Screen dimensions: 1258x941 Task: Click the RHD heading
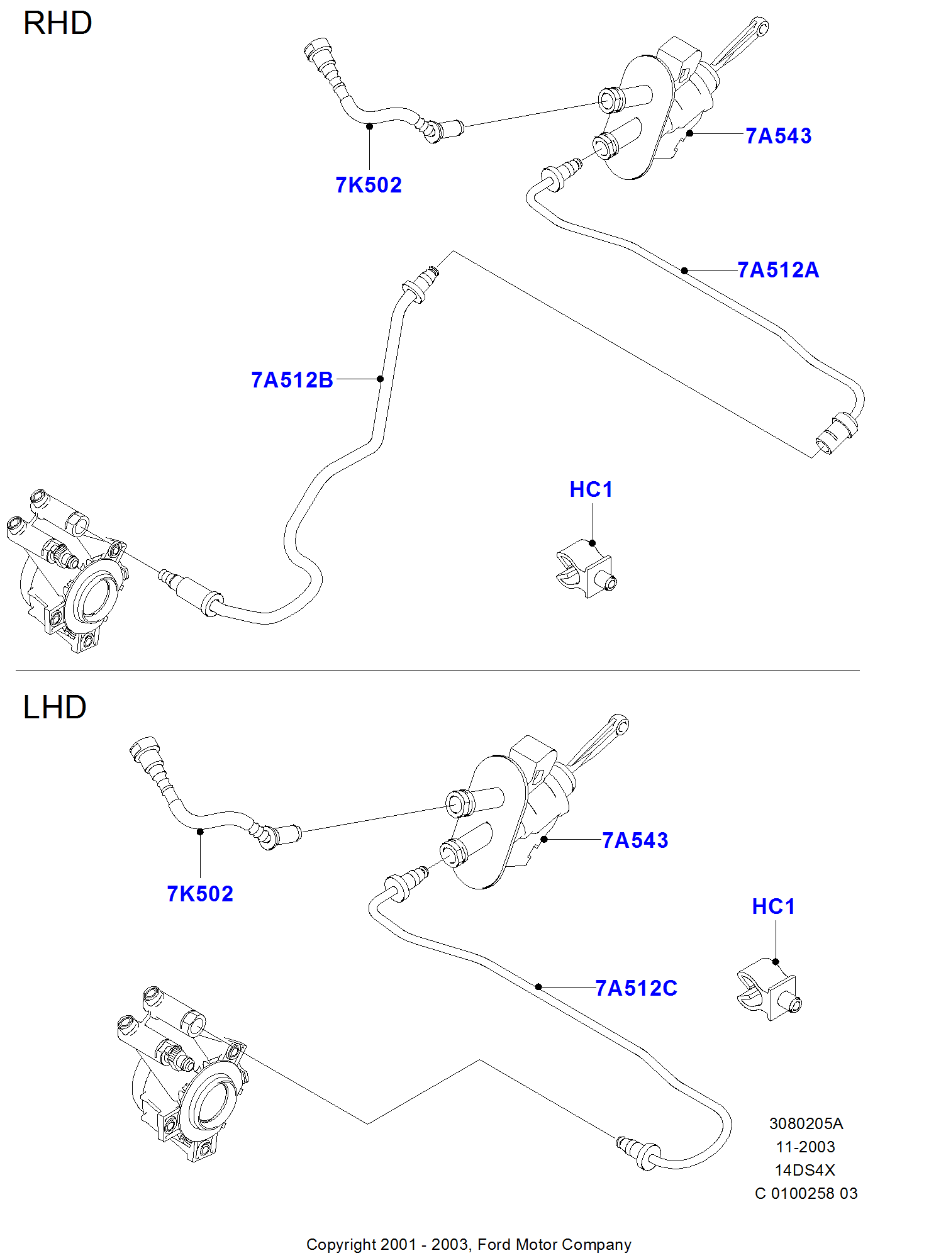[57, 24]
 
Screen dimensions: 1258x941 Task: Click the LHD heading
[55, 707]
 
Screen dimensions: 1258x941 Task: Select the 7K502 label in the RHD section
[369, 185]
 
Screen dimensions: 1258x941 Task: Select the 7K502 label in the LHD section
[200, 894]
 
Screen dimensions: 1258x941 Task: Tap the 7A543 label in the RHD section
[778, 136]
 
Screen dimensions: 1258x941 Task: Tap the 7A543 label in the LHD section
[635, 840]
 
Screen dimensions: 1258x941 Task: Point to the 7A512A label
[778, 270]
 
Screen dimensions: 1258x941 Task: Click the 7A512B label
[292, 380]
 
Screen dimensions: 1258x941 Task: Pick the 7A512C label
[636, 988]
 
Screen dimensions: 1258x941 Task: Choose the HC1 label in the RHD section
[591, 489]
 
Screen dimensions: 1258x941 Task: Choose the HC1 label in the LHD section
[773, 906]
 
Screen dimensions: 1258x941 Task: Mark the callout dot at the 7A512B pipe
[381, 379]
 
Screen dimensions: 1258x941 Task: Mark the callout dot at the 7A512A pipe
[684, 270]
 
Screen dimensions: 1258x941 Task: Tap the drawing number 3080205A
[806, 1123]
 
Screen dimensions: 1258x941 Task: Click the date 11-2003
[806, 1147]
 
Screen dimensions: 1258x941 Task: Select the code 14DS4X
[805, 1170]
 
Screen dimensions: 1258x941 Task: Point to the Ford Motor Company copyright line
[469, 1244]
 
